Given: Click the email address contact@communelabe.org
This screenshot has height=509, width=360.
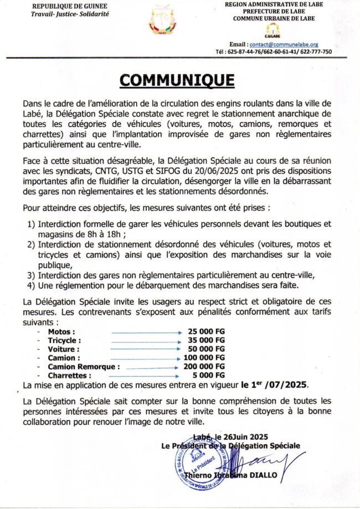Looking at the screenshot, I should (x=291, y=44).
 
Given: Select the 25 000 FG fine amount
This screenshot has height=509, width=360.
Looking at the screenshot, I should (x=206, y=331).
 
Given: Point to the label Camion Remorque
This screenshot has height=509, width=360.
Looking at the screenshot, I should (x=84, y=367).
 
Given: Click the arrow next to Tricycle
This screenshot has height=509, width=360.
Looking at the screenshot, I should (x=146, y=341).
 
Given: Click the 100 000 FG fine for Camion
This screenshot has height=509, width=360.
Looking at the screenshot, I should (x=206, y=358).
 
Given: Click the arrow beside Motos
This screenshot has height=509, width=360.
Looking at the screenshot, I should (x=146, y=332).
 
